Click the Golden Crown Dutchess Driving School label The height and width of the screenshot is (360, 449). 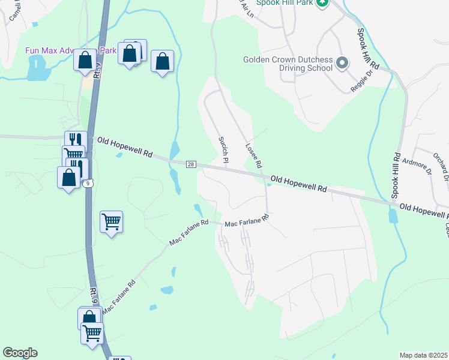(288, 64)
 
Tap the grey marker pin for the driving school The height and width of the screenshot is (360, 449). (343, 62)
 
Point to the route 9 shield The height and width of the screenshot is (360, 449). (88, 182)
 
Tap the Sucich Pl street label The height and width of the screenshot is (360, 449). (223, 149)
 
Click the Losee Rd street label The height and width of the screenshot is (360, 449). (254, 155)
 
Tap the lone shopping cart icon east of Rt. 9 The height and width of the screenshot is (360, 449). (112, 223)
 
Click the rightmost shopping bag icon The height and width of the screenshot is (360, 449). (162, 61)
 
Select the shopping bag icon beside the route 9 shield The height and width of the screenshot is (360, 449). (69, 178)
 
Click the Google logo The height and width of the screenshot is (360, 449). (20, 353)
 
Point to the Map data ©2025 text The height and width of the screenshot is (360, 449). (423, 355)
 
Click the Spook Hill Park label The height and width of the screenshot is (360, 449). (285, 3)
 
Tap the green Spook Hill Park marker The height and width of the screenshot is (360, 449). (322, 3)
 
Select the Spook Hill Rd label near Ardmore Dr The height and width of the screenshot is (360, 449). (396, 175)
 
